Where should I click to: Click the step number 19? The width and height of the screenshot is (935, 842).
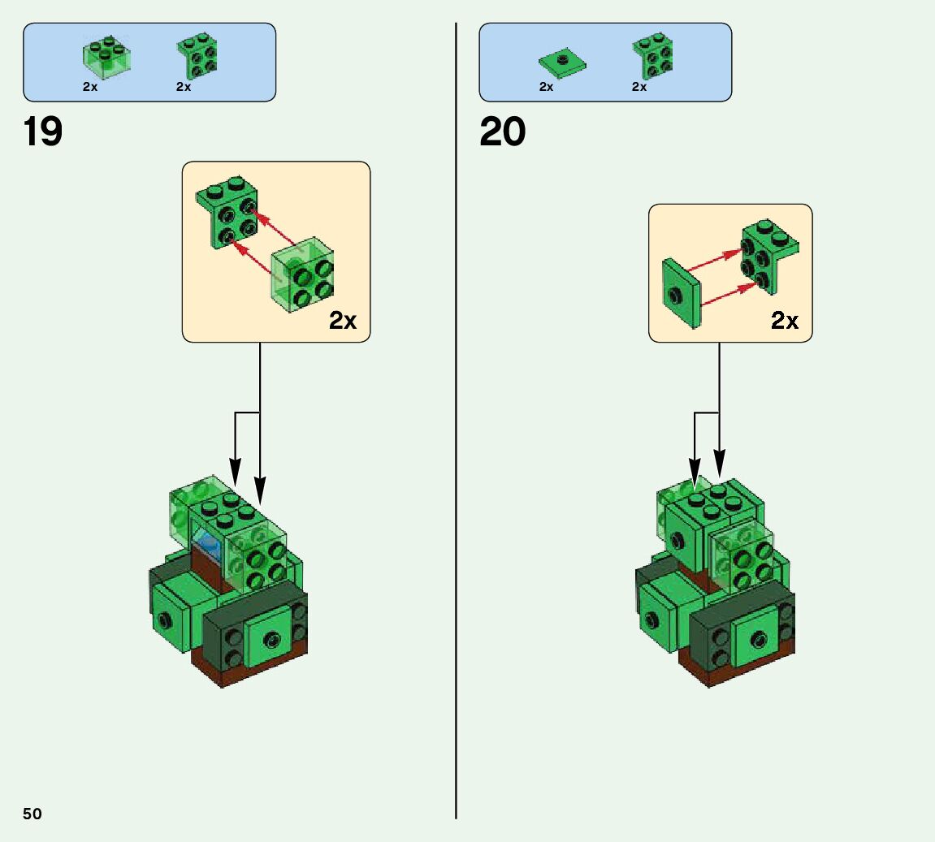[x=43, y=132]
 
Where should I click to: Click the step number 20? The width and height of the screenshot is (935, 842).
[x=502, y=132]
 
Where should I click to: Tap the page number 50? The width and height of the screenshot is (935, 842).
[x=32, y=814]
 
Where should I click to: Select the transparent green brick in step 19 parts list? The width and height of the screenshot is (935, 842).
[x=106, y=56]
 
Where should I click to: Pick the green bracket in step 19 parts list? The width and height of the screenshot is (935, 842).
[x=197, y=56]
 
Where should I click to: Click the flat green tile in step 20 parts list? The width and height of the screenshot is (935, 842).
[x=562, y=62]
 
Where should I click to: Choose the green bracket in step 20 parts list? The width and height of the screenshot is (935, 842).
[x=652, y=56]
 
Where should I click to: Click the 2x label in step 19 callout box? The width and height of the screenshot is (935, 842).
[x=343, y=321]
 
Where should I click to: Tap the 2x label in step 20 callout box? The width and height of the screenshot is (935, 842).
[x=785, y=321]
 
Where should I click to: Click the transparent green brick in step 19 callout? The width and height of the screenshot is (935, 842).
[x=303, y=274]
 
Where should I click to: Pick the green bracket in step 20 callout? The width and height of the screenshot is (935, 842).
[x=765, y=255]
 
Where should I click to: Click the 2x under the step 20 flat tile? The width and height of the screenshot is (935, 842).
[x=546, y=87]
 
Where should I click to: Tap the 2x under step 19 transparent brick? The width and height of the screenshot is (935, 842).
[x=90, y=87]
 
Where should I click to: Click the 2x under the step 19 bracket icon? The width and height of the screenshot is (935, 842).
[x=184, y=87]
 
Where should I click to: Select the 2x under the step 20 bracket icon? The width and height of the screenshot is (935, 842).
[x=639, y=87]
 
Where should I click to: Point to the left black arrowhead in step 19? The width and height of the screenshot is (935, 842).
[x=235, y=473]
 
